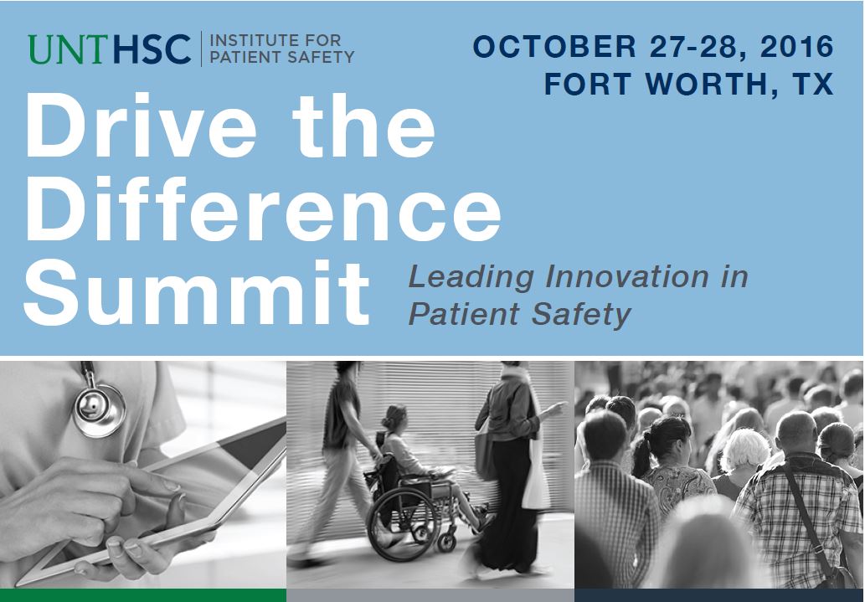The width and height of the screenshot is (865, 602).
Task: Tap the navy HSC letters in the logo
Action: tap(152, 49)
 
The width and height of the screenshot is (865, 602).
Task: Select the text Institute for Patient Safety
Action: tap(282, 49)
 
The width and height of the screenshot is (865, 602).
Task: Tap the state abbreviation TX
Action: tap(812, 84)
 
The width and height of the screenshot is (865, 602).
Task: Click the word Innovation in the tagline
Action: tap(626, 276)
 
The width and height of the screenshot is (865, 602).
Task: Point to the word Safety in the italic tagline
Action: tap(581, 315)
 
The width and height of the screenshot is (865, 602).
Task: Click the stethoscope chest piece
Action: tap(99, 409)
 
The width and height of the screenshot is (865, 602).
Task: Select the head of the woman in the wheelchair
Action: tap(394, 419)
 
